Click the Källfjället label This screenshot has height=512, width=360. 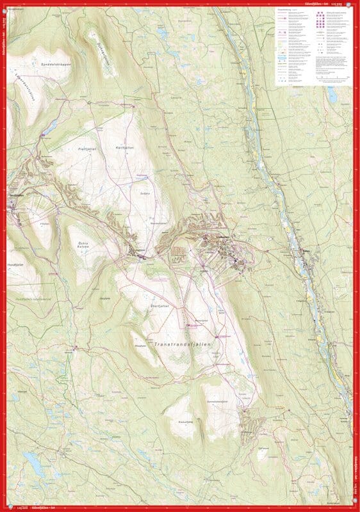[x=123, y=147]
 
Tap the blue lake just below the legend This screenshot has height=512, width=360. [x=331, y=97]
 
